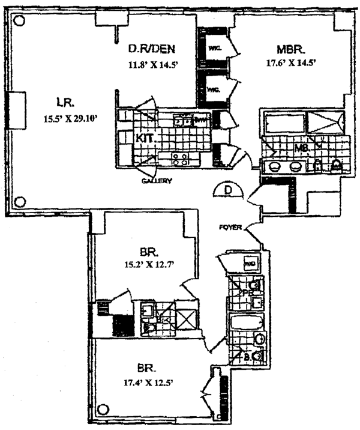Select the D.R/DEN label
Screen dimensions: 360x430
[152, 49]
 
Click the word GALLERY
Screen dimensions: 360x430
[157, 180]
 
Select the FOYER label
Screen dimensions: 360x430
[230, 227]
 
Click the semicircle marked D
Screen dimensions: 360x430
[228, 191]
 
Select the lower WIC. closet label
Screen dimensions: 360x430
[214, 89]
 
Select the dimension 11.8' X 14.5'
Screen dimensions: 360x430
[152, 66]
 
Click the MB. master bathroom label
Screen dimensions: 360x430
[302, 147]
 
